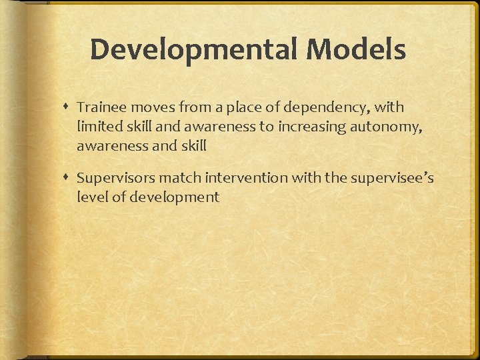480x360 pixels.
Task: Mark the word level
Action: click(x=90, y=197)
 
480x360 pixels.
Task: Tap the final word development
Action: click(x=178, y=198)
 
